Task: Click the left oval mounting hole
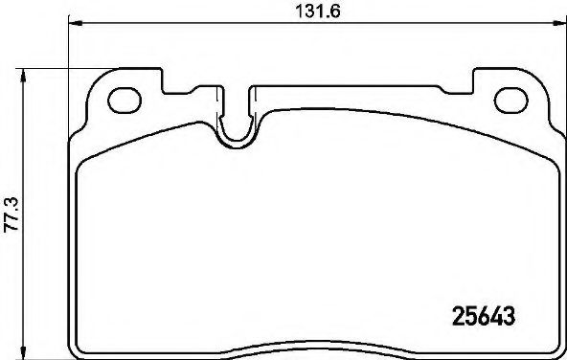tap(124, 98)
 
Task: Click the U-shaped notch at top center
tap(236, 129)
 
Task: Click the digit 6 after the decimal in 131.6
tap(336, 12)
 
